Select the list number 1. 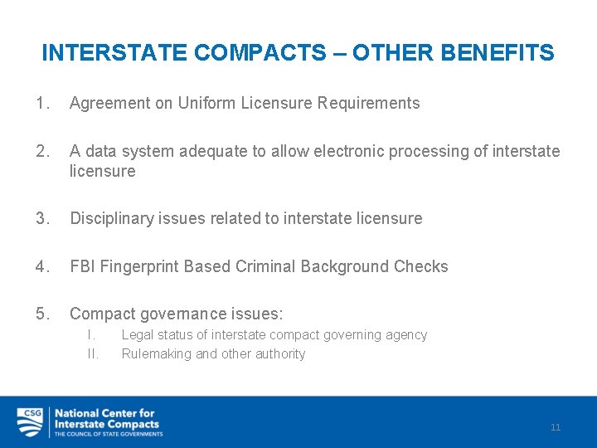pyautogui.click(x=42, y=104)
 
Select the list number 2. pyautogui.click(x=42, y=152)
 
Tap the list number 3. pyautogui.click(x=42, y=219)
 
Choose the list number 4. pyautogui.click(x=42, y=267)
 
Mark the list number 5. pyautogui.click(x=42, y=314)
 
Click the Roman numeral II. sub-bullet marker pyautogui.click(x=93, y=354)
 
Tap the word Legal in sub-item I pyautogui.click(x=137, y=335)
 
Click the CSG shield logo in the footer pyautogui.click(x=30, y=422)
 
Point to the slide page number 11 pyautogui.click(x=556, y=427)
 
